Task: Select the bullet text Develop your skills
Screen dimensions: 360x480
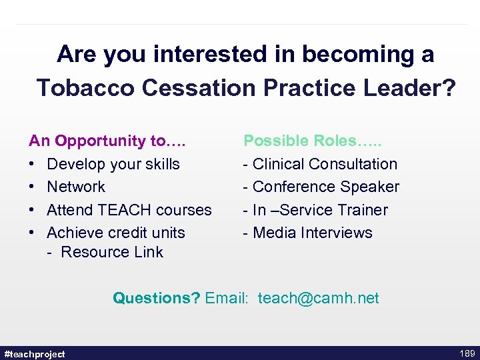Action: [113, 164]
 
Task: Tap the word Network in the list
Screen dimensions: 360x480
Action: [76, 187]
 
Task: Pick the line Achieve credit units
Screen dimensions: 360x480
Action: [116, 233]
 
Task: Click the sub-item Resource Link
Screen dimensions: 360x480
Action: [111, 252]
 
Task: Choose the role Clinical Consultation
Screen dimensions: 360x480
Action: [325, 164]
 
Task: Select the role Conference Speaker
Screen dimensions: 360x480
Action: [326, 187]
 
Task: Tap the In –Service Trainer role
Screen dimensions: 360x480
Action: [320, 210]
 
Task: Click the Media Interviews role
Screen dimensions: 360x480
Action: [313, 233]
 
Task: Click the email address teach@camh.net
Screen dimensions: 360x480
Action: [318, 298]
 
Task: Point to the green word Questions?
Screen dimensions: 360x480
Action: [156, 298]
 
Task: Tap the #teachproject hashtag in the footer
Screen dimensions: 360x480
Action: [35, 354]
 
